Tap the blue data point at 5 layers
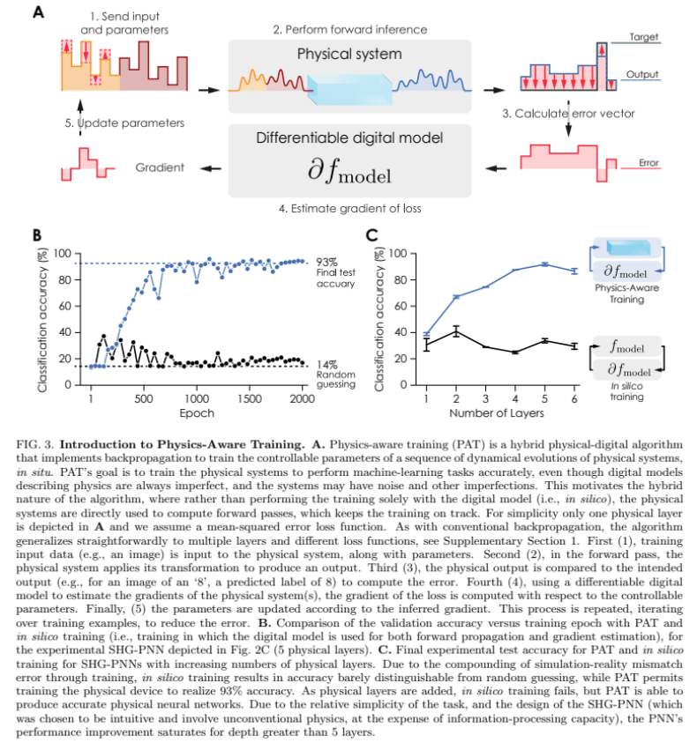pyautogui.click(x=544, y=264)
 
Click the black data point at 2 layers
pyautogui.click(x=456, y=330)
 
